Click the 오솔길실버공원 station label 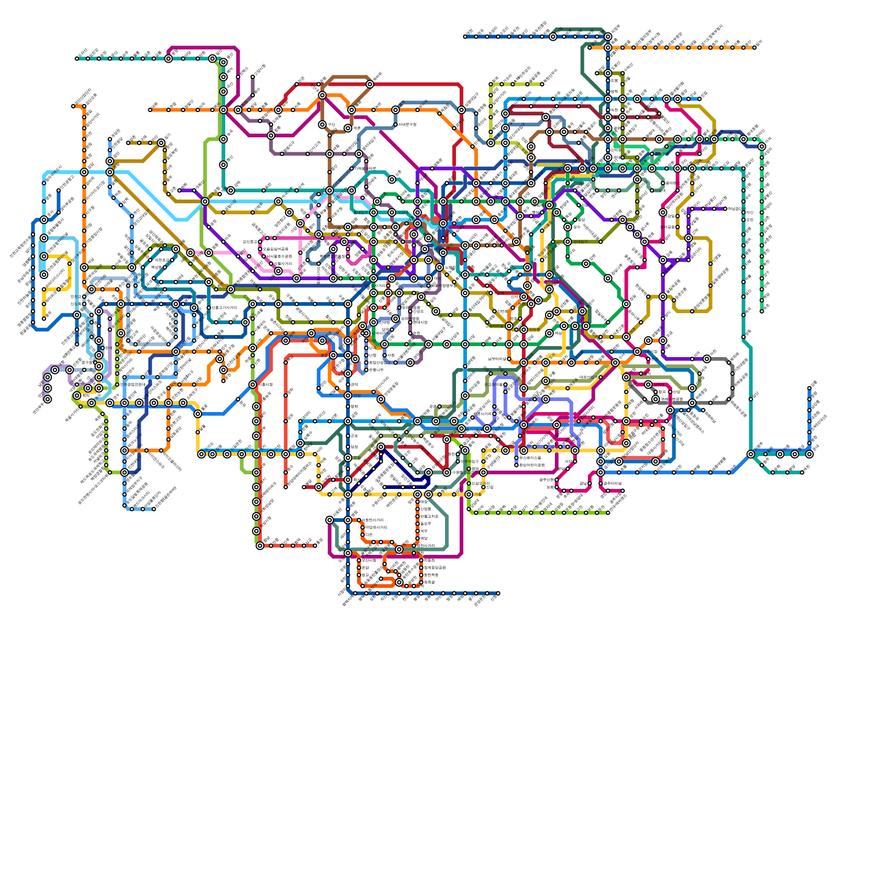(275, 249)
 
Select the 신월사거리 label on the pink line (283, 264)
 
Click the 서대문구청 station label (407, 125)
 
